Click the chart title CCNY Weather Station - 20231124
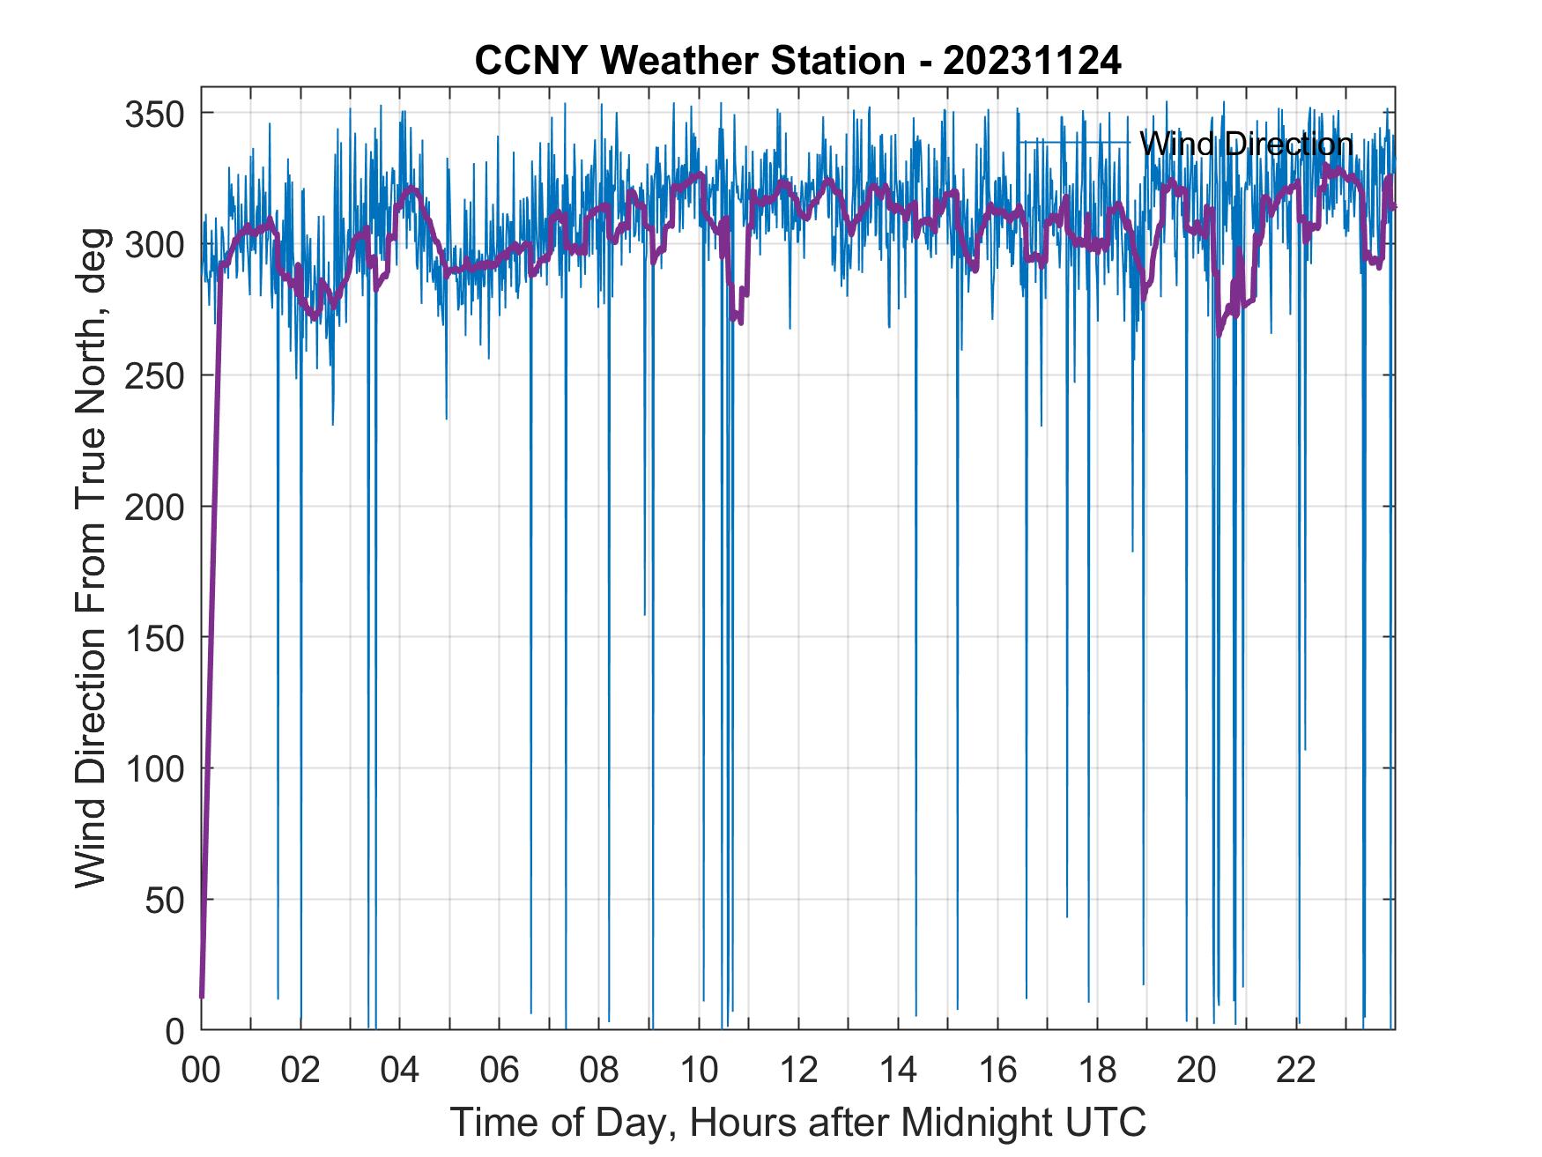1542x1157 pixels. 797,61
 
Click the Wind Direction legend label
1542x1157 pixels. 1245,144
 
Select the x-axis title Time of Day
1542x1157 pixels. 797,1122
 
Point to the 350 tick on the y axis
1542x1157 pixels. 157,114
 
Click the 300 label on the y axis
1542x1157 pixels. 157,245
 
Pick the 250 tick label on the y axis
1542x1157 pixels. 157,376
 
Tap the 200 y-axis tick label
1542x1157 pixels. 157,507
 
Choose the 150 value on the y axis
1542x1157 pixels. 157,638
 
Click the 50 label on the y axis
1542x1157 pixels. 167,900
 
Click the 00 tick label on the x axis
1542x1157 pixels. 201,1071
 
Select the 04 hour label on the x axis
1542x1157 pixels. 400,1071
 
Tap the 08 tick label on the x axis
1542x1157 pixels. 599,1071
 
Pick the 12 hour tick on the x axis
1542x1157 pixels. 798,1071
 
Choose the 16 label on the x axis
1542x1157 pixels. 997,1071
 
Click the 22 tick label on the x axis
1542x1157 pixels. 1296,1071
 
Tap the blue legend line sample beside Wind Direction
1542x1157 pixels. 1074,143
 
